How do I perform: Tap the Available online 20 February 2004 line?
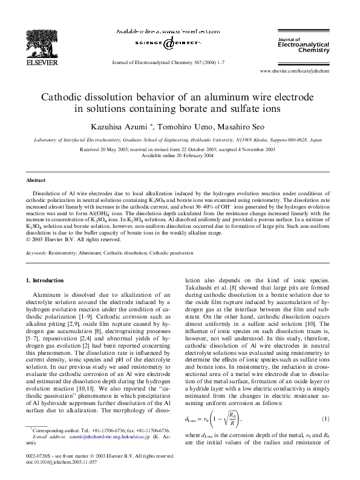179,155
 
